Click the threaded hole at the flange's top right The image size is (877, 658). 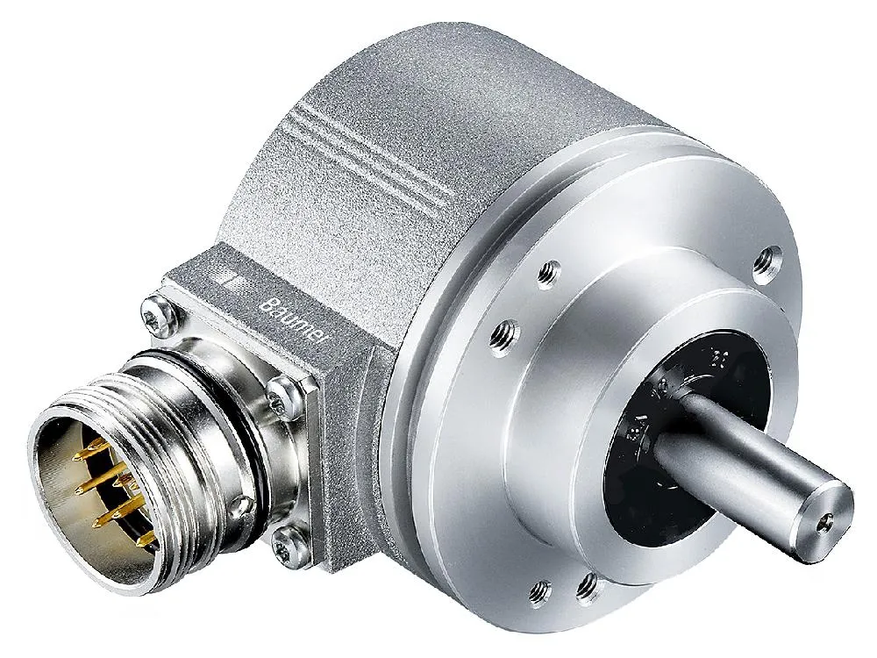[x=772, y=256]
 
